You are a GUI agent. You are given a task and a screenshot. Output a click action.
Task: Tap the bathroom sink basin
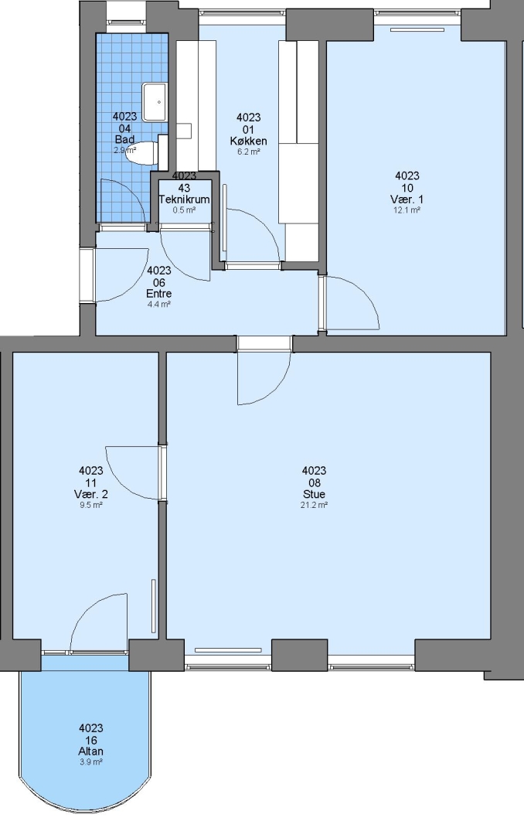point(155,102)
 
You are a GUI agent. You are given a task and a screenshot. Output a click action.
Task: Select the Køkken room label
point(249,141)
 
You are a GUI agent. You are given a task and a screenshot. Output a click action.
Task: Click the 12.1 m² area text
point(407,210)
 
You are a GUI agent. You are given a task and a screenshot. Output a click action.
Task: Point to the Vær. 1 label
point(407,199)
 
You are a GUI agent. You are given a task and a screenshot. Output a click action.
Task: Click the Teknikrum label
point(184,199)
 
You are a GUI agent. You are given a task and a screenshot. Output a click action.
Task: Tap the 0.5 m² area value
point(184,210)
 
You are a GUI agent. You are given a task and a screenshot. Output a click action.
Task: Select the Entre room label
point(158,294)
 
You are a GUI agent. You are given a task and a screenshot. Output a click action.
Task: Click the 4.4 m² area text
point(158,305)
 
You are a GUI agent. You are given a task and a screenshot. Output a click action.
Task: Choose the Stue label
point(314,494)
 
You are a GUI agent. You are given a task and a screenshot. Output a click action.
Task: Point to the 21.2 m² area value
point(314,505)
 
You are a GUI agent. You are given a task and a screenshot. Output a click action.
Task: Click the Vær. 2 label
point(91,494)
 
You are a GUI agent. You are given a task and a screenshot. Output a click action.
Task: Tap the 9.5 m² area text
point(91,505)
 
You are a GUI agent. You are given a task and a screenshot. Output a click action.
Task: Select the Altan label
point(91,751)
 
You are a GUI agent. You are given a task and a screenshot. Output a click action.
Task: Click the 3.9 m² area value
point(91,762)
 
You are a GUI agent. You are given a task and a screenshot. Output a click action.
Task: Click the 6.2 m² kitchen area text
point(249,152)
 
